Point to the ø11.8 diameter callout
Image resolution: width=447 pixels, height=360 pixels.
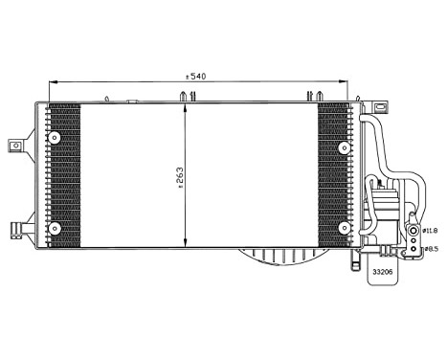pyautogui.click(x=430, y=230)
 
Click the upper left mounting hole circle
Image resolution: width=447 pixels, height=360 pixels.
pyautogui.click(x=55, y=136)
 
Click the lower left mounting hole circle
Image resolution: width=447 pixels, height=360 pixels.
pyautogui.click(x=55, y=227)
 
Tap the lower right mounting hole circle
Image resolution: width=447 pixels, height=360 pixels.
pyautogui.click(x=344, y=227)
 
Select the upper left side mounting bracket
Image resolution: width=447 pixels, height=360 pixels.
pyautogui.click(x=16, y=145)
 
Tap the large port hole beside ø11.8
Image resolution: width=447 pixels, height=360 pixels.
pyautogui.click(x=413, y=231)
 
